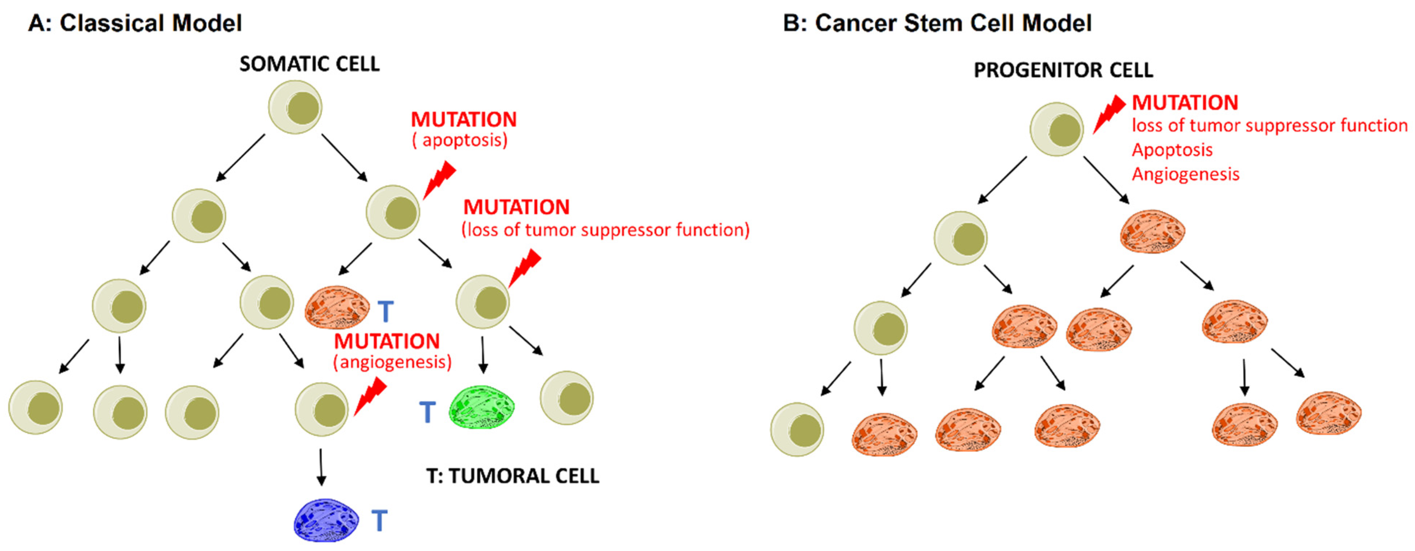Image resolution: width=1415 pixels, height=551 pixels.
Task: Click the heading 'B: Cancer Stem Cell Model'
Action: click(x=937, y=23)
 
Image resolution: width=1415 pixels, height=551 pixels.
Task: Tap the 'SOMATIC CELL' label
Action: click(x=309, y=64)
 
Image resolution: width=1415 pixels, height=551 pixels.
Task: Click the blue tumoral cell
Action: click(x=326, y=520)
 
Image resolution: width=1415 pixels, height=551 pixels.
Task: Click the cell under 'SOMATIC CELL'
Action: click(x=295, y=107)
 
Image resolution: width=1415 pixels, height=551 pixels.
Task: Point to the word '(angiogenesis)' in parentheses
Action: click(x=392, y=362)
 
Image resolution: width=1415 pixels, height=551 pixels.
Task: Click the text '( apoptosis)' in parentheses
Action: click(x=460, y=140)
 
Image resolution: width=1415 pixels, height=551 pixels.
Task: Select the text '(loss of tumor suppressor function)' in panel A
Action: click(x=605, y=230)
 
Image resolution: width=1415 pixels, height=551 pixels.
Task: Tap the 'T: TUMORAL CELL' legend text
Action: click(x=512, y=476)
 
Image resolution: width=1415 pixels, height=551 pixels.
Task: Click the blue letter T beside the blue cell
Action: click(x=379, y=520)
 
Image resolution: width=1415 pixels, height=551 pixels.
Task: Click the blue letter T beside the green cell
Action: click(x=427, y=412)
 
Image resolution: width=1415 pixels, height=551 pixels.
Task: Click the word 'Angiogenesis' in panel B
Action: click(x=1185, y=174)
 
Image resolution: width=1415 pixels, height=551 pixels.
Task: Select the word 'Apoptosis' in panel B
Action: click(x=1171, y=150)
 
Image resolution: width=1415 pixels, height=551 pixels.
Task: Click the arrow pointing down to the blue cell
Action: click(x=321, y=467)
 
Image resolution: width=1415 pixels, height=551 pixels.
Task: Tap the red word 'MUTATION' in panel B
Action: click(x=1185, y=102)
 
